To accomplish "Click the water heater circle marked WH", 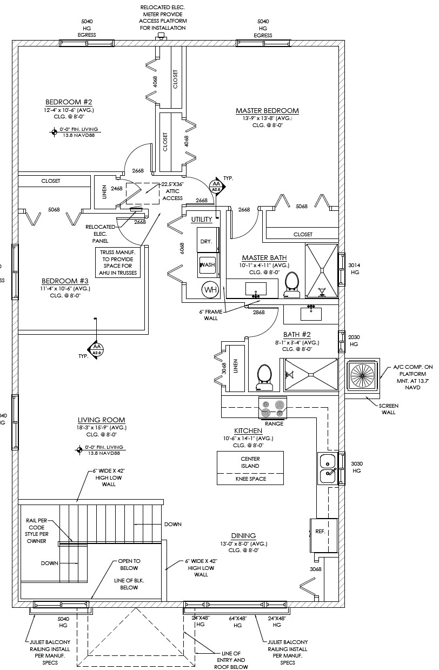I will (x=209, y=290).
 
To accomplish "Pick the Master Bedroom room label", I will (x=267, y=111).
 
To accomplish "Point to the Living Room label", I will (x=101, y=420).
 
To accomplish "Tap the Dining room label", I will (x=243, y=535).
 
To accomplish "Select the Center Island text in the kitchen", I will (x=250, y=462).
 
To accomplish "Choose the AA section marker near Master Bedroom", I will (x=216, y=187).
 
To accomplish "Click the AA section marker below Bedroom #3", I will (x=97, y=349).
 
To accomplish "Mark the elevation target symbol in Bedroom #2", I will (x=54, y=131).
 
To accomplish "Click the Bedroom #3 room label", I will (x=65, y=281).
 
